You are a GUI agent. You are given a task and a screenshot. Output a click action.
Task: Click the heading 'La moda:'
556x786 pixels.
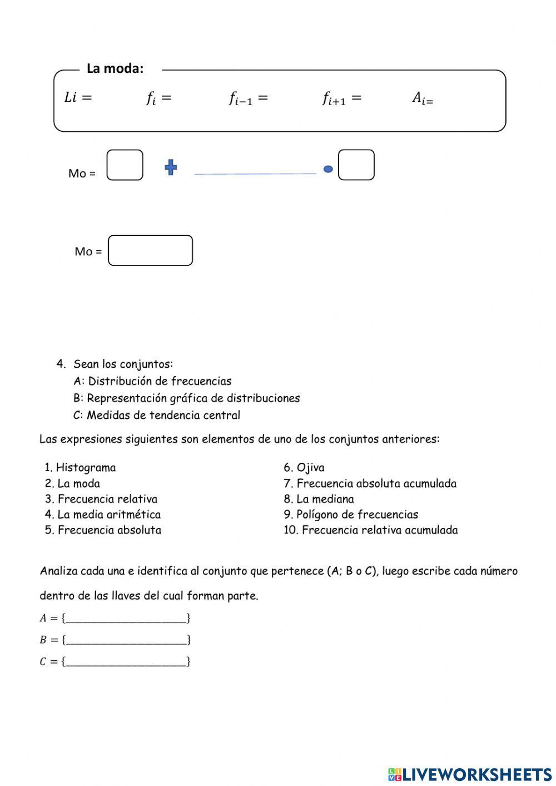(x=115, y=68)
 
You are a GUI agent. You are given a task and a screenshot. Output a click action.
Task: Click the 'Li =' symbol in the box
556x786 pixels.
(x=78, y=98)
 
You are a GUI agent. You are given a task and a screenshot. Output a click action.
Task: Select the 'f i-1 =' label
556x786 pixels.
(x=248, y=98)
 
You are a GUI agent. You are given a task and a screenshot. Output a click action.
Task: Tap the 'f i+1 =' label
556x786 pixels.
(x=341, y=98)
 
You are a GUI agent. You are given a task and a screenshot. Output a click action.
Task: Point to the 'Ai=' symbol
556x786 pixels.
(x=422, y=98)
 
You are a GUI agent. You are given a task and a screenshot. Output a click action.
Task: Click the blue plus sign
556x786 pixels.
(x=171, y=167)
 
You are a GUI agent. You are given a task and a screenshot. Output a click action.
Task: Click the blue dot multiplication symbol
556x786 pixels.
(x=328, y=169)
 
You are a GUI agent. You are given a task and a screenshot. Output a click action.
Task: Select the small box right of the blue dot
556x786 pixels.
(x=356, y=165)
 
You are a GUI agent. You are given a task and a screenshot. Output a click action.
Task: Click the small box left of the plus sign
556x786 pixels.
(x=125, y=165)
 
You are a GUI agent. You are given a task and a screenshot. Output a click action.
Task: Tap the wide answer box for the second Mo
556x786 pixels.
(x=150, y=250)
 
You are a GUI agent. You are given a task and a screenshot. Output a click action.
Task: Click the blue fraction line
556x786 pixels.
(x=255, y=174)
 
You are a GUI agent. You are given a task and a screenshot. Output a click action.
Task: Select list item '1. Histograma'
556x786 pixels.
(x=81, y=467)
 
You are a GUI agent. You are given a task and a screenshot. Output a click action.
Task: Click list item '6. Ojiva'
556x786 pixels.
(x=304, y=467)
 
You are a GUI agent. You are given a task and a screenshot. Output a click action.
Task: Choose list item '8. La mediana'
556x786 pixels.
(x=319, y=499)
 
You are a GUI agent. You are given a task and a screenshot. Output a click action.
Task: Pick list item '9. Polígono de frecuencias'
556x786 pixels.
(x=351, y=515)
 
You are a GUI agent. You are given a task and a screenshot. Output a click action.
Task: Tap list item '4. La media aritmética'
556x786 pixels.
(x=103, y=515)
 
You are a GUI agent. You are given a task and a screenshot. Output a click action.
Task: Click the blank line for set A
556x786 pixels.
(x=126, y=618)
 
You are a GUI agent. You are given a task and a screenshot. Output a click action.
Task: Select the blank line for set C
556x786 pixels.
(x=126, y=662)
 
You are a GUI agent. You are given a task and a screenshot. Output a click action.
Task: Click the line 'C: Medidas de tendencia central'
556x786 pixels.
(x=157, y=415)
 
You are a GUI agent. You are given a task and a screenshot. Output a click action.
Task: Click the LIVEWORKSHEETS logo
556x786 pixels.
(x=470, y=774)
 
